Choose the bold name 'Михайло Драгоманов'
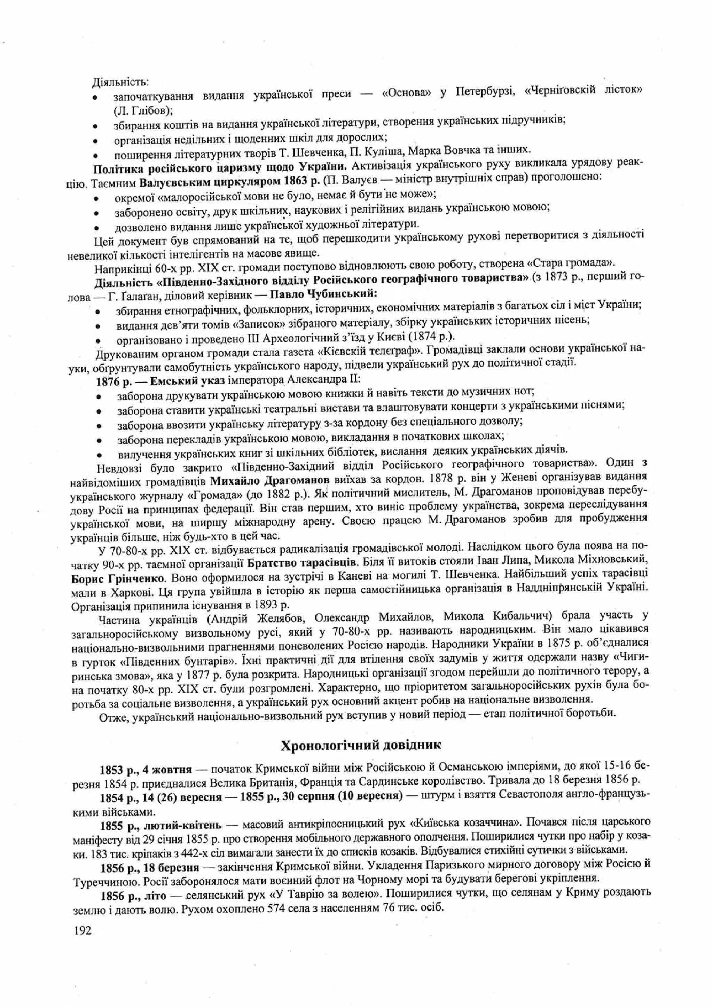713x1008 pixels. point(269,479)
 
